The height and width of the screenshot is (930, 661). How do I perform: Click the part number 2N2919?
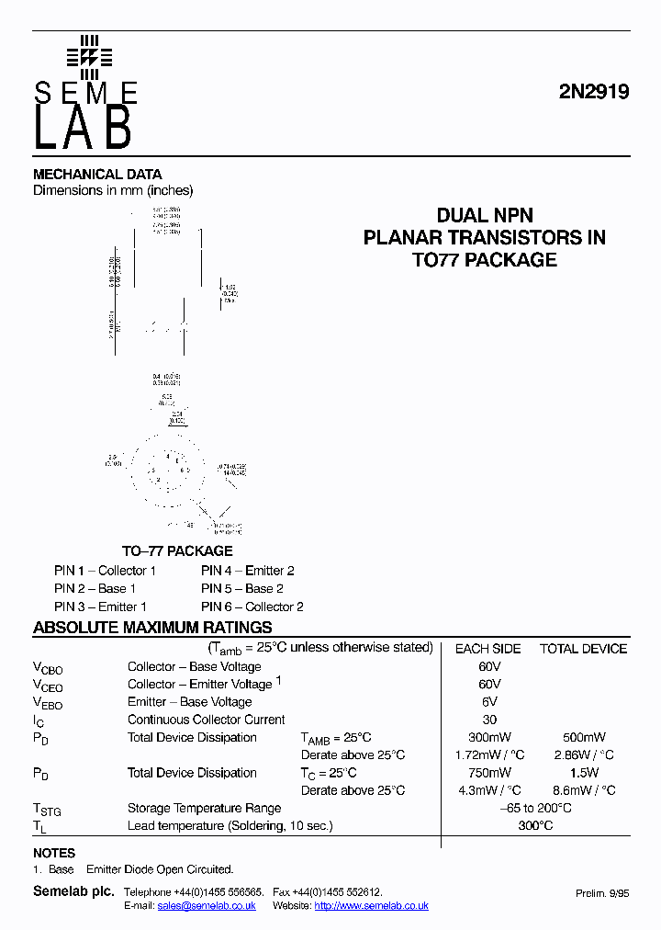pyautogui.click(x=594, y=93)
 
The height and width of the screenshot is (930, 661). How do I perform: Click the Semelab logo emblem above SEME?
pyautogui.click(x=89, y=57)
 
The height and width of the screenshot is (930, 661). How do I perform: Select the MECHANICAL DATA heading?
pyautogui.click(x=97, y=174)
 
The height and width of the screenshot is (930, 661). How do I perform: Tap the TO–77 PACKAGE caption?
pyautogui.click(x=177, y=550)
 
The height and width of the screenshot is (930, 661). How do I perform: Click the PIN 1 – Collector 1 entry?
pyautogui.click(x=105, y=571)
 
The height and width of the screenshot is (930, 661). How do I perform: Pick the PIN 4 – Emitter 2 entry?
pyautogui.click(x=248, y=571)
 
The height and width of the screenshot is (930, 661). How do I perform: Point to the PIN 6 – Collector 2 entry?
pyautogui.click(x=252, y=607)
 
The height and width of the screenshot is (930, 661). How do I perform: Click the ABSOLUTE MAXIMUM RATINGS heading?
pyautogui.click(x=152, y=628)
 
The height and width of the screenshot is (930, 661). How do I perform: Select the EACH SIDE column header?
pyautogui.click(x=487, y=649)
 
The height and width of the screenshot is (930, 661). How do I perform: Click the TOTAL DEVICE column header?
pyautogui.click(x=583, y=649)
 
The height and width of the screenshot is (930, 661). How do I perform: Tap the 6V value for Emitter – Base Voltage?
pyautogui.click(x=489, y=702)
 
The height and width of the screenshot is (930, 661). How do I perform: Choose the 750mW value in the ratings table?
pyautogui.click(x=489, y=773)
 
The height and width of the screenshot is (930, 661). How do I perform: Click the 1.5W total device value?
pyautogui.click(x=584, y=773)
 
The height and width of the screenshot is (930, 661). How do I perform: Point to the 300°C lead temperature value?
pyautogui.click(x=535, y=825)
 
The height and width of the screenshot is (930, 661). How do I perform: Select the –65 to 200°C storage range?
pyautogui.click(x=535, y=808)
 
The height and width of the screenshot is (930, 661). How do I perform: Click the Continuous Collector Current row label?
pyautogui.click(x=206, y=720)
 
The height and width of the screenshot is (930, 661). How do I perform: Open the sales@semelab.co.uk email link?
pyautogui.click(x=207, y=905)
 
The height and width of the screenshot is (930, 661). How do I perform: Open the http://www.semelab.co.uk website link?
pyautogui.click(x=371, y=905)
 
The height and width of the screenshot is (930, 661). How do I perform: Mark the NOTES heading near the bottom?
pyautogui.click(x=54, y=853)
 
